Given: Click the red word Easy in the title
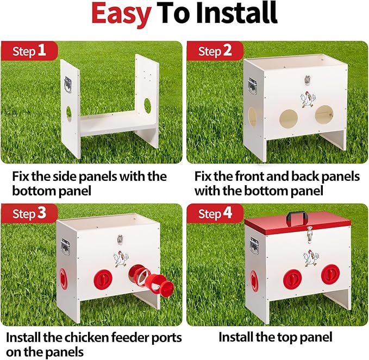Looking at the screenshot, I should pyautogui.click(x=121, y=15).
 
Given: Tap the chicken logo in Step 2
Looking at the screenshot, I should pyautogui.click(x=307, y=100).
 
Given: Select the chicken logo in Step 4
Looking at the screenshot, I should pyautogui.click(x=308, y=257).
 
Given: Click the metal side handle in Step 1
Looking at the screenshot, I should pyautogui.click(x=69, y=85).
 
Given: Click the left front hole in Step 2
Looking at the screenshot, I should pyautogui.click(x=289, y=118).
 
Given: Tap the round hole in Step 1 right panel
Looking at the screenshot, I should pyautogui.click(x=147, y=104).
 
